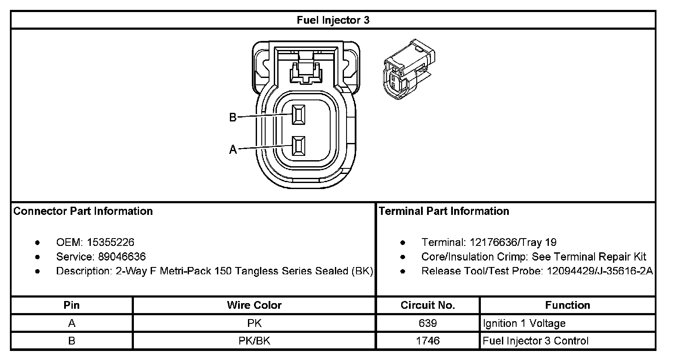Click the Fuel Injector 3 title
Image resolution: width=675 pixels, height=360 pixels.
(333, 20)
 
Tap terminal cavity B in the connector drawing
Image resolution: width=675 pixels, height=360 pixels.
(298, 115)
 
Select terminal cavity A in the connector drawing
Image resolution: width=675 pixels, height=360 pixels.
(298, 146)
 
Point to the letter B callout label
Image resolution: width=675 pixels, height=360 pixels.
(232, 117)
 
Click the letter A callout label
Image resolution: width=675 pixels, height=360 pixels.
(232, 150)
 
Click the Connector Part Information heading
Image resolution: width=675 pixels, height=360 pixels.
(83, 211)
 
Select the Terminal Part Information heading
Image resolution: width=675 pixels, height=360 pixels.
(444, 211)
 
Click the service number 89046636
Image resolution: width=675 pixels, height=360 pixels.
(122, 257)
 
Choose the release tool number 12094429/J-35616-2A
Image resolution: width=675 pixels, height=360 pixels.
(600, 271)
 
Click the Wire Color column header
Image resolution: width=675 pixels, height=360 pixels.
(254, 305)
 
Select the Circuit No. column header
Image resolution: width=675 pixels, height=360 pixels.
(427, 305)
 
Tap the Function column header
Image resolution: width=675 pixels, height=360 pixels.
(567, 305)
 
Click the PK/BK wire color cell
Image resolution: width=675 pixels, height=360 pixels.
(254, 341)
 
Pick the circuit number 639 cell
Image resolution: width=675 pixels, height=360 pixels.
(427, 323)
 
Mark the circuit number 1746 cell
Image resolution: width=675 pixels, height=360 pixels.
(427, 341)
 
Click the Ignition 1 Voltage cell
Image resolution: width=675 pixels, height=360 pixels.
(524, 323)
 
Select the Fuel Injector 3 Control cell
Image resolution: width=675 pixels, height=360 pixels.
(535, 341)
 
